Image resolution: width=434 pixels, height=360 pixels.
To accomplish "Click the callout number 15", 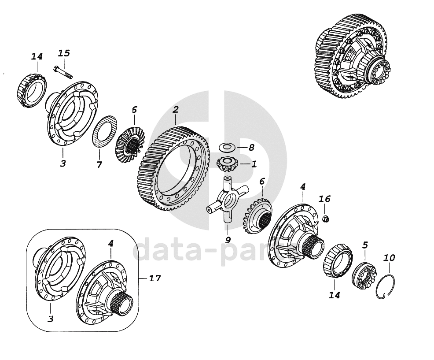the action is click(64, 53).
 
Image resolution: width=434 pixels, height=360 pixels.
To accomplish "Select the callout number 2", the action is click(176, 109).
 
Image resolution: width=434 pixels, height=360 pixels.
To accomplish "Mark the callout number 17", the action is click(155, 278).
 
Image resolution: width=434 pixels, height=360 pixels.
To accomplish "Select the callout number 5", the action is click(365, 245).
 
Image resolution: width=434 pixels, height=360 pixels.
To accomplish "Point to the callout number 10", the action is click(389, 258).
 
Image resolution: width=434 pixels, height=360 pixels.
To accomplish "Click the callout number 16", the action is click(324, 199).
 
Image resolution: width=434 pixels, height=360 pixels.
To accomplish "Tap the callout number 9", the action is click(228, 240).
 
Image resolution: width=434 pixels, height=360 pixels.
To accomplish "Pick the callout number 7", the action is click(99, 164).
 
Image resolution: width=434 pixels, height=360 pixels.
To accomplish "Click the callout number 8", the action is click(251, 148).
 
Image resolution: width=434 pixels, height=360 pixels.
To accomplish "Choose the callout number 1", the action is click(254, 164).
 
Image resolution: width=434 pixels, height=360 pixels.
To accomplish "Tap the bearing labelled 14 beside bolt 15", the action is click(33, 90).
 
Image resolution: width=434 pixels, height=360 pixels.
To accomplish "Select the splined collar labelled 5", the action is click(364, 275).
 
